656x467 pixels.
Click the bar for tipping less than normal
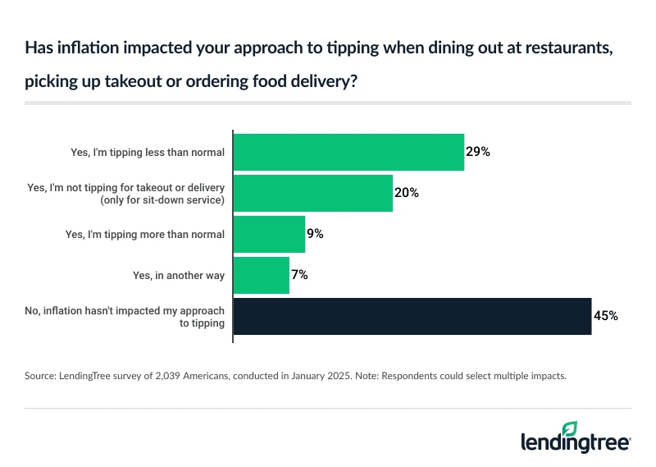tap(348, 152)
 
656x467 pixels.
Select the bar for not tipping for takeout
tap(313, 193)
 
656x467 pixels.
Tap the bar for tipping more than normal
tap(269, 234)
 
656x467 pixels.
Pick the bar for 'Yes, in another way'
tap(262, 275)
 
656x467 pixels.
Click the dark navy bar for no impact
tap(412, 316)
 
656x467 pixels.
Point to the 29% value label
tap(478, 152)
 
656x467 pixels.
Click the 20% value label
tap(407, 193)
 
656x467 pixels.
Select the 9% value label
tap(316, 234)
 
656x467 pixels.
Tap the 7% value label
tap(300, 275)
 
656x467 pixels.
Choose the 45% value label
tap(605, 316)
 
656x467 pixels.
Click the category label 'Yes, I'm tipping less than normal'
tap(148, 152)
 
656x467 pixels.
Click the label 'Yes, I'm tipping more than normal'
tap(144, 234)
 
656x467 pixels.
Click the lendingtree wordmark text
tap(574, 443)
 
